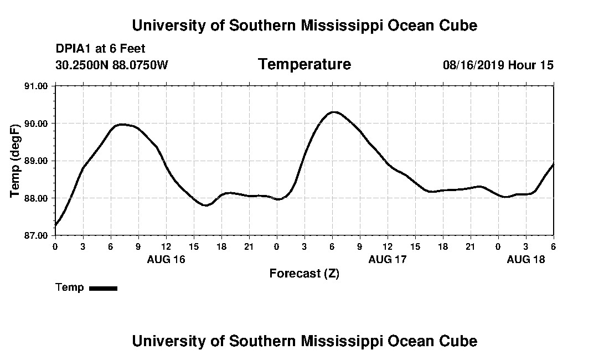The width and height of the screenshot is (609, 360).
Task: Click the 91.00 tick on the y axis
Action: (38, 86)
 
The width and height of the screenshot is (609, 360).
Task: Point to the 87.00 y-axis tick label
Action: (38, 235)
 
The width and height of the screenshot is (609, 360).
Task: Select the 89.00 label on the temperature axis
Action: (38, 161)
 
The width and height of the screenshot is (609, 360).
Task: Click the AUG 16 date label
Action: (166, 259)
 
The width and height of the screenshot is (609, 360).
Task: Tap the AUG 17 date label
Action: (388, 259)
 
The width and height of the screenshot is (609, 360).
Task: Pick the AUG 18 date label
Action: (526, 259)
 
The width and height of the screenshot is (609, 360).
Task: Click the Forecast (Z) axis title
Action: (304, 273)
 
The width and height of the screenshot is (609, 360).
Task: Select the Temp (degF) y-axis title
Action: (16, 161)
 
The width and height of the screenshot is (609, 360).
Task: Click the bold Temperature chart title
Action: (304, 64)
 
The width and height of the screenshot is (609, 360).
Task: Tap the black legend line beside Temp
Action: (103, 288)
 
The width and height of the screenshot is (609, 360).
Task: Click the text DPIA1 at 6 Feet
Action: (100, 49)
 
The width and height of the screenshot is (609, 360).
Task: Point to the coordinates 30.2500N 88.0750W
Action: (111, 65)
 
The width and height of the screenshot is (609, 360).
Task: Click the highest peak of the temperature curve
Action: (333, 112)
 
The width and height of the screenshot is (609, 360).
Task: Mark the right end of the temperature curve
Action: (553, 164)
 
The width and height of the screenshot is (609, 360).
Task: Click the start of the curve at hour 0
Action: (55, 225)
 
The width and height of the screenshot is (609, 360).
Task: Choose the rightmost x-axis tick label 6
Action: (553, 246)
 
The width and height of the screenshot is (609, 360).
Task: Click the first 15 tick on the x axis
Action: (194, 246)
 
